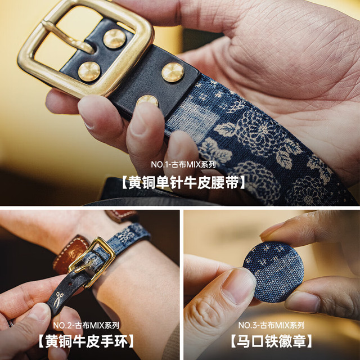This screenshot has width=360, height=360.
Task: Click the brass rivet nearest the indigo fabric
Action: (173, 72)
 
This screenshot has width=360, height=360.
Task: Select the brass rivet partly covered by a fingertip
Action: (147, 101)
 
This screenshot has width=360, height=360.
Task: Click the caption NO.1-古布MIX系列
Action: (183, 164)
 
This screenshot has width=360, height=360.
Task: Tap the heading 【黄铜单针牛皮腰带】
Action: (183, 183)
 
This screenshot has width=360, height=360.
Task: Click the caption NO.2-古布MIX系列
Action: (86, 325)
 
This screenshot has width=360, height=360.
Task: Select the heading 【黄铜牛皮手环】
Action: (86, 341)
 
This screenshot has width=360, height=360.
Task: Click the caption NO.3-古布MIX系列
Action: (271, 325)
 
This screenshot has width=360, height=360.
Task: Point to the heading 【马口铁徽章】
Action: (271, 341)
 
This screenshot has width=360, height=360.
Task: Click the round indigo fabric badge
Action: (274, 272)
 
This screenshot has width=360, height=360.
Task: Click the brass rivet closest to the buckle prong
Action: (114, 39)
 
